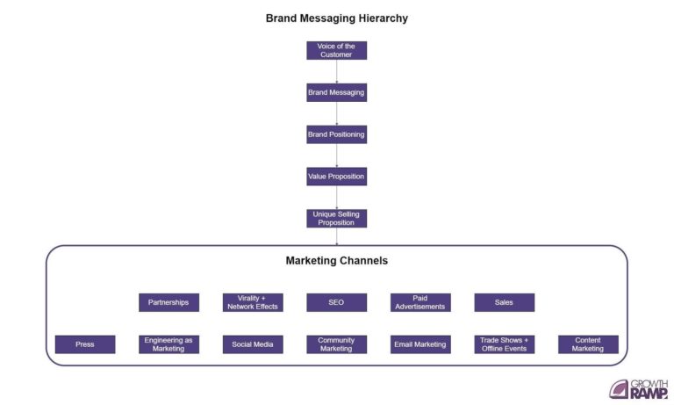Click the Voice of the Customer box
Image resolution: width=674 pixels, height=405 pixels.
coord(336,50)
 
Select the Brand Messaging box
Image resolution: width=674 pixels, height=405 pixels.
coord(336,92)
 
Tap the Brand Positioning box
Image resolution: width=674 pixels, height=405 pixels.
coord(336,134)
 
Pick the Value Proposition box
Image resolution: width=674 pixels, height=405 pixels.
coord(336,177)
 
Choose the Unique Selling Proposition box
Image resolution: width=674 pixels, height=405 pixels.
coord(336,218)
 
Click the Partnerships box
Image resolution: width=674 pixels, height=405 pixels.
coord(168,302)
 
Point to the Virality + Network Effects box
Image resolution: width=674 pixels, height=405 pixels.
coord(253,302)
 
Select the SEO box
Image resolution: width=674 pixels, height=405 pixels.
coord(336,302)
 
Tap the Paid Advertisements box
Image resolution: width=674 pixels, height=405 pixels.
coord(420,302)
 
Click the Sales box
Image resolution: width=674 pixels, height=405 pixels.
coord(504,302)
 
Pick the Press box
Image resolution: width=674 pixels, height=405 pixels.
coord(85,344)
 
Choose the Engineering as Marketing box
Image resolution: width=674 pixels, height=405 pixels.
coord(168,344)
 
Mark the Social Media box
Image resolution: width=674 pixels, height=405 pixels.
coord(253,344)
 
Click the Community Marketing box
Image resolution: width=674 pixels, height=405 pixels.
coord(336,344)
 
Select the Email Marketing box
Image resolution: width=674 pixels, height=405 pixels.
coord(420,344)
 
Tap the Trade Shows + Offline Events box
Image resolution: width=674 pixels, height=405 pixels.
coord(504,344)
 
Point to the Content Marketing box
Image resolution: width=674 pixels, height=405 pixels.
coord(588,344)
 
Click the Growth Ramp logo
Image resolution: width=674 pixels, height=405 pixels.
coord(638,388)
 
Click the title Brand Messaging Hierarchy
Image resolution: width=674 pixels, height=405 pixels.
coord(337,18)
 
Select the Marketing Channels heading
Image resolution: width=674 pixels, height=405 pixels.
coord(337,261)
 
